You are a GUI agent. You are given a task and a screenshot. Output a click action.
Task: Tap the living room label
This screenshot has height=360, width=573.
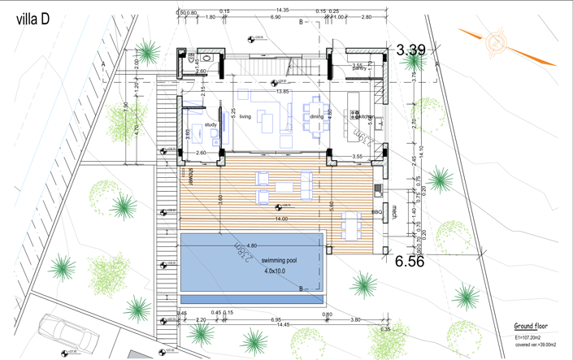[x=245, y=117]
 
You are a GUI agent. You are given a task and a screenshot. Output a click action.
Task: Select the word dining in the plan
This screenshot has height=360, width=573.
[x=316, y=117]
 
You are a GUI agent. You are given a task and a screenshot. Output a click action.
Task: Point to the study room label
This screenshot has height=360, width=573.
[x=211, y=125]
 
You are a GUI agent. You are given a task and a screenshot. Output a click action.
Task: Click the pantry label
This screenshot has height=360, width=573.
[x=359, y=68]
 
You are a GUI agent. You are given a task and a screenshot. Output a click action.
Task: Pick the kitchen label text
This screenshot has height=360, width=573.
[x=367, y=117]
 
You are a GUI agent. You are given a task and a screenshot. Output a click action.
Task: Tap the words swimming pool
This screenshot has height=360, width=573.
[x=280, y=262]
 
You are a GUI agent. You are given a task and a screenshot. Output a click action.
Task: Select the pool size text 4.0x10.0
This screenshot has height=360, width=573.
[x=274, y=271]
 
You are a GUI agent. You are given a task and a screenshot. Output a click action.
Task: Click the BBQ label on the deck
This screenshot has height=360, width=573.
[x=376, y=213]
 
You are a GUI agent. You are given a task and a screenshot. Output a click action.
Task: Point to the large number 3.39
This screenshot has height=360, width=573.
[x=410, y=50]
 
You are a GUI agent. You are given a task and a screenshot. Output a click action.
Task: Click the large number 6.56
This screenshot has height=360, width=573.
[x=410, y=262]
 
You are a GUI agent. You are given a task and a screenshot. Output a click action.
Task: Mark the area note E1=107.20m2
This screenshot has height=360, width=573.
[x=531, y=336]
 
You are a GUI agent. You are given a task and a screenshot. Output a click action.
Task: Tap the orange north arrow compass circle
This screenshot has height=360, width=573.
[x=495, y=42]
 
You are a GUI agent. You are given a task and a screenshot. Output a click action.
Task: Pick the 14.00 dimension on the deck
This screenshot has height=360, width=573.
[x=281, y=219]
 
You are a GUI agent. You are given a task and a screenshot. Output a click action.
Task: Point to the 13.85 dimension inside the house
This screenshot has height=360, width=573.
[x=282, y=92]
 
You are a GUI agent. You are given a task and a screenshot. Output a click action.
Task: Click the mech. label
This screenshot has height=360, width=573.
[x=394, y=213]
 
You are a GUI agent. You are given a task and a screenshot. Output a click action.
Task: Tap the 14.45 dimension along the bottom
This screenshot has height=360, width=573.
[x=282, y=325]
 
